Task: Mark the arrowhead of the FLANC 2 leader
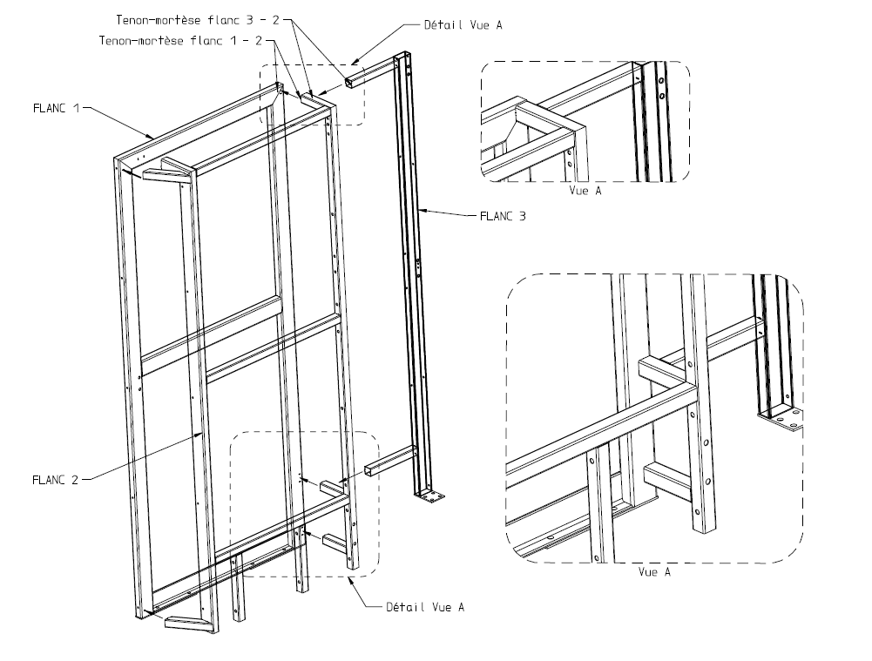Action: [203, 433]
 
